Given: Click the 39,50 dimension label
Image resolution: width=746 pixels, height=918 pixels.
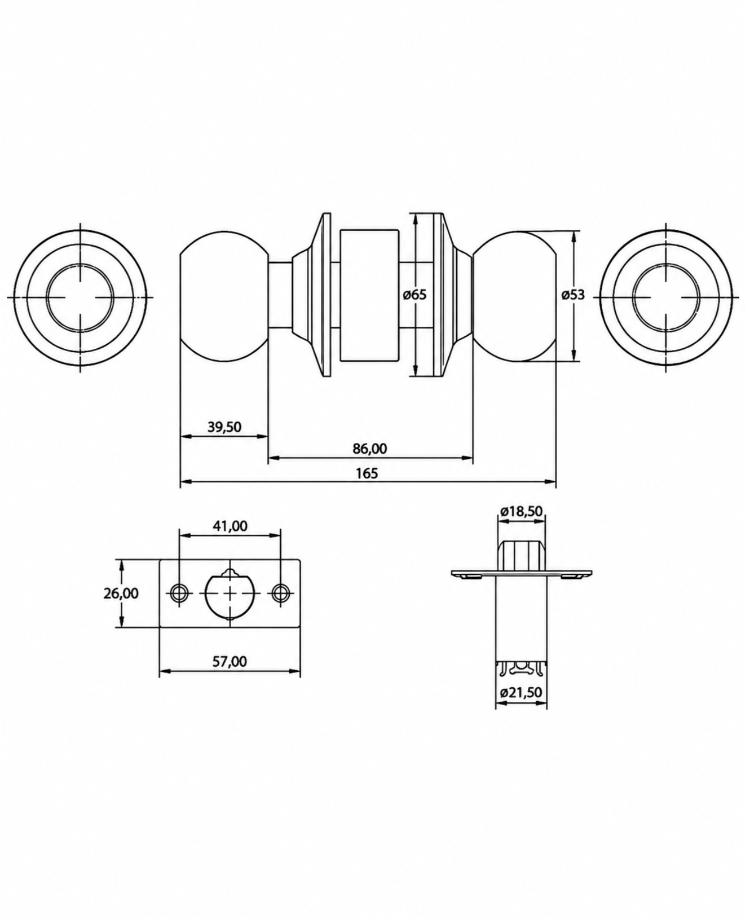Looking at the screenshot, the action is [224, 427].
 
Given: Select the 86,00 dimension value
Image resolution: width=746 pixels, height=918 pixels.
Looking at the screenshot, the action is [370, 449].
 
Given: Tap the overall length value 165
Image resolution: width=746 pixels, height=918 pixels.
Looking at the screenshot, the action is [367, 473].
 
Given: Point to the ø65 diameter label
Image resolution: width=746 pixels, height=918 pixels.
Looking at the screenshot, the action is [414, 295].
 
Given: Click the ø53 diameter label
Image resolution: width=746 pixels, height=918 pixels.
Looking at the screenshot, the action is [573, 295].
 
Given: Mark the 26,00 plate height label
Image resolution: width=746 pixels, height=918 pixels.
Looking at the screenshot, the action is [121, 593].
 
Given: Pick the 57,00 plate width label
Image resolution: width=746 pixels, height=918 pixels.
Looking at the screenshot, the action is [230, 661].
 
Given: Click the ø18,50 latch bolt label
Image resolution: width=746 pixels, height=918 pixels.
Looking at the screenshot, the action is [521, 511].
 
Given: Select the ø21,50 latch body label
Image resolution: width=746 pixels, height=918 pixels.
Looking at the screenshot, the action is [521, 693].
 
